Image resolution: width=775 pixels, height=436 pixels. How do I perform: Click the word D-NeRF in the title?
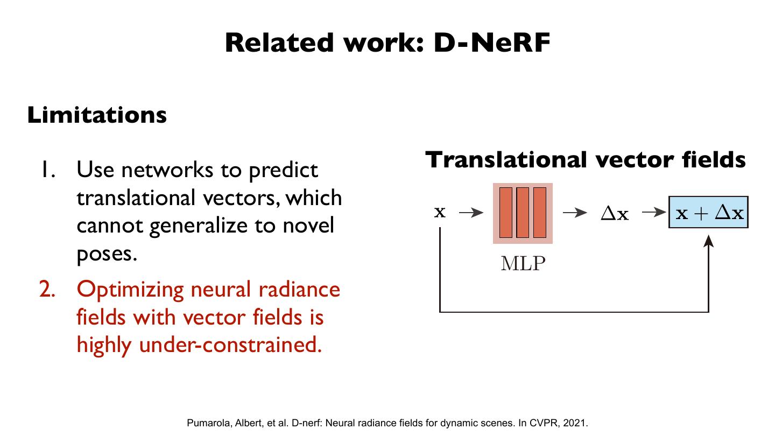click(x=492, y=43)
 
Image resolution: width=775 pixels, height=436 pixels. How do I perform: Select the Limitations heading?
click(x=97, y=115)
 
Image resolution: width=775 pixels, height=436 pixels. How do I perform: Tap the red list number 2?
click(x=48, y=290)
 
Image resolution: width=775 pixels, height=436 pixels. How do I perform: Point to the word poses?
click(x=107, y=254)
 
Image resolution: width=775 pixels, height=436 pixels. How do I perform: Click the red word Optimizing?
click(x=131, y=290)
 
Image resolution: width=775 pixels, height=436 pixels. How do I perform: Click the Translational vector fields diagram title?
click(x=586, y=160)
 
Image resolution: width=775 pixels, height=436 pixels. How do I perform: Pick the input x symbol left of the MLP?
click(x=440, y=212)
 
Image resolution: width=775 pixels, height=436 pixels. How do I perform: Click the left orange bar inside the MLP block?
click(x=506, y=213)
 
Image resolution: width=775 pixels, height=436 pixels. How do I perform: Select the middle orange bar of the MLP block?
click(x=523, y=213)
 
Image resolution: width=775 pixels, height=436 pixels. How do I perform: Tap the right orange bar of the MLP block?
click(x=540, y=213)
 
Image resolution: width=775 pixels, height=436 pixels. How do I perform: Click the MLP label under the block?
click(x=523, y=264)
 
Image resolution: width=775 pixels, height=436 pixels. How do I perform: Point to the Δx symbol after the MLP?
click(x=614, y=214)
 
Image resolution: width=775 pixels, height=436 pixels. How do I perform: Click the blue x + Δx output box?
click(x=708, y=213)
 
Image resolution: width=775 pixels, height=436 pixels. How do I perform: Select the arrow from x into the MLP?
click(x=471, y=213)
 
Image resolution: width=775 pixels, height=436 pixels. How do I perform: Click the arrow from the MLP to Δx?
click(x=574, y=213)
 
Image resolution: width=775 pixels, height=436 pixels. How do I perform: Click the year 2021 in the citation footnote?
click(x=576, y=423)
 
